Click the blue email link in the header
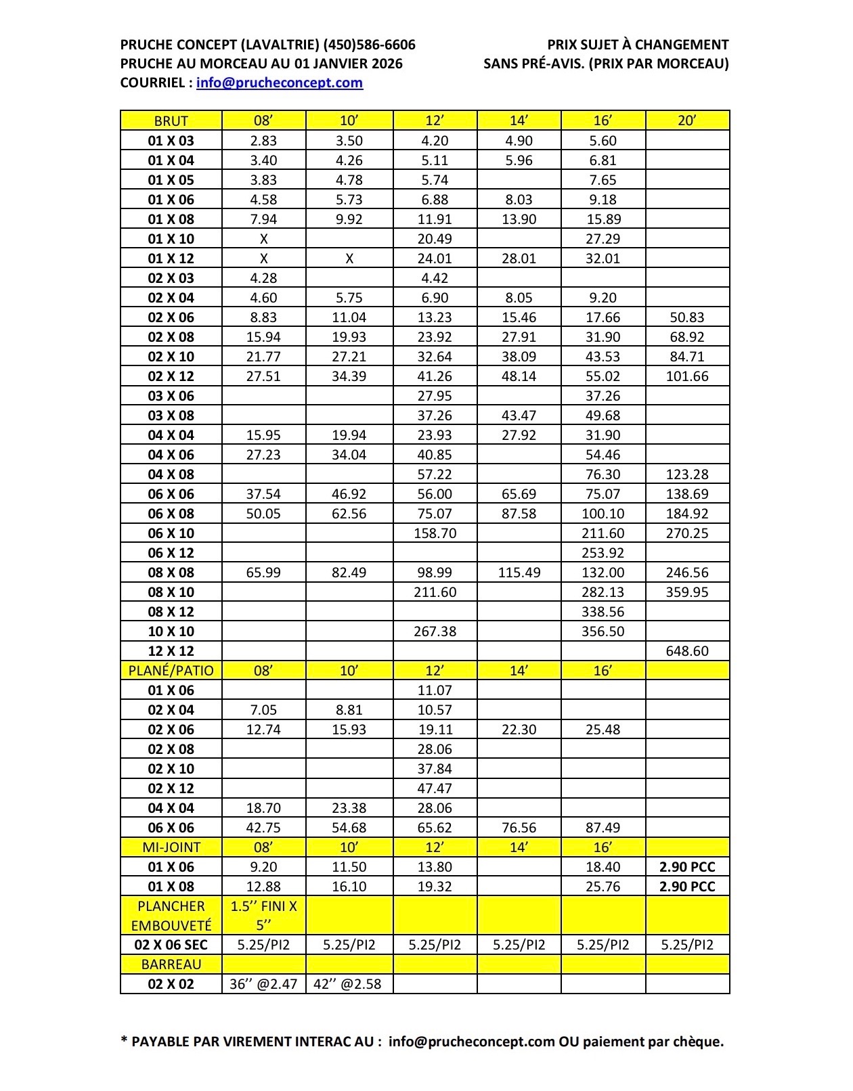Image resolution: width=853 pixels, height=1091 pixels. pyautogui.click(x=279, y=83)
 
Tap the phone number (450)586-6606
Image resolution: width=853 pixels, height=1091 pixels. pyautogui.click(x=370, y=45)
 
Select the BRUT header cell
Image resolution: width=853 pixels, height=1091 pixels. pyautogui.click(x=171, y=120)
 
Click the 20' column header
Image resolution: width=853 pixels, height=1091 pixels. pyautogui.click(x=687, y=120)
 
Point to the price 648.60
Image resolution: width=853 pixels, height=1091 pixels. pyautogui.click(x=687, y=651)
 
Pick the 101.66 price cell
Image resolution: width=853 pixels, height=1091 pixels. pyautogui.click(x=687, y=376)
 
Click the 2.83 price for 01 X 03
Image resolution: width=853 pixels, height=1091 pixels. pyautogui.click(x=263, y=141)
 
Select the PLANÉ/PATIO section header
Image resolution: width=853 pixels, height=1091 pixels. pyautogui.click(x=171, y=671)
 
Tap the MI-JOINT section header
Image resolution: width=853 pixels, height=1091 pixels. pyautogui.click(x=171, y=847)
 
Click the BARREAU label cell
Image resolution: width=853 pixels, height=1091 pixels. pyautogui.click(x=171, y=964)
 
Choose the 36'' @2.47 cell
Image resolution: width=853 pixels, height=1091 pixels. pyautogui.click(x=263, y=984)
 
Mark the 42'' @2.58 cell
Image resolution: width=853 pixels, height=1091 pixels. pyautogui.click(x=348, y=984)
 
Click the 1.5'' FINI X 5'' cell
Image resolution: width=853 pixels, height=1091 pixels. pyautogui.click(x=263, y=915)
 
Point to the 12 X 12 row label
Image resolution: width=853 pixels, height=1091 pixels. pyautogui.click(x=171, y=651)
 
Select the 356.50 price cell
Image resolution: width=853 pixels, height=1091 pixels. pyautogui.click(x=603, y=631)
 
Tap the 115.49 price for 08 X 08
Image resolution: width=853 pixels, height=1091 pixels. pyautogui.click(x=519, y=573)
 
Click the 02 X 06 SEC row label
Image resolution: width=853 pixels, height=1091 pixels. pyautogui.click(x=171, y=945)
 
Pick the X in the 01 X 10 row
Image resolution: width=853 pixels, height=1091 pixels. pyautogui.click(x=263, y=239)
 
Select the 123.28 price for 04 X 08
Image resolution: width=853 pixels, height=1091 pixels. pyautogui.click(x=687, y=474)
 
